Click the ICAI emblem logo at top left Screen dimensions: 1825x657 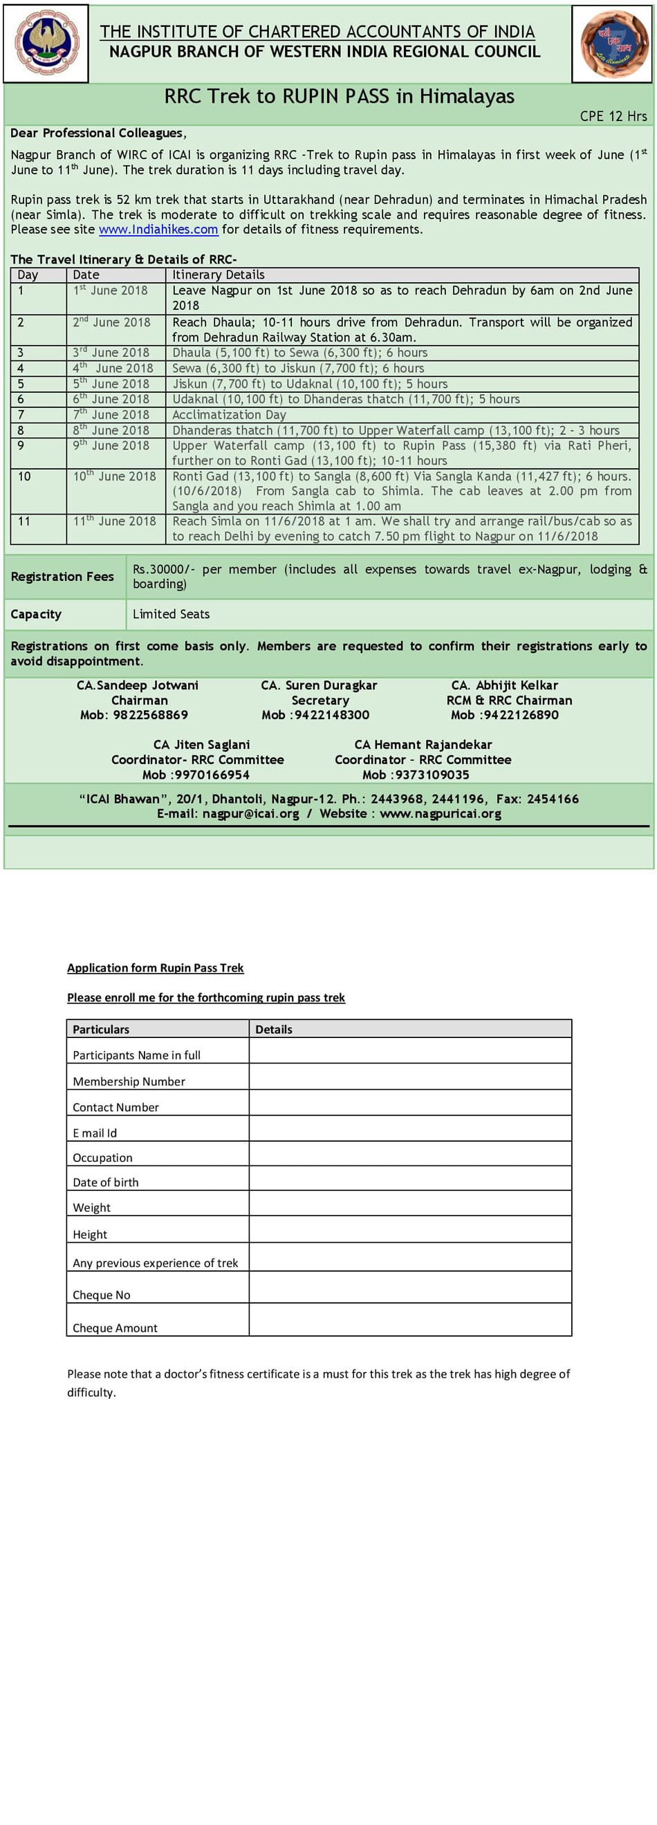[47, 42]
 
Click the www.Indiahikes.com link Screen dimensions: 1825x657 [158, 230]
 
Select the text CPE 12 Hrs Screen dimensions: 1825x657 [613, 117]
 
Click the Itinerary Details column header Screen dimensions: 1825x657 [219, 275]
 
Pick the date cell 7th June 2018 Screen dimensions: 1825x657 [111, 414]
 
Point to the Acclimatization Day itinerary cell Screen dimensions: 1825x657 [229, 414]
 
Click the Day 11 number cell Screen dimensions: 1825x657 [24, 521]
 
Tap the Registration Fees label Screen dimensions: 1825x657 [62, 577]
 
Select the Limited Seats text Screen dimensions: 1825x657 [171, 614]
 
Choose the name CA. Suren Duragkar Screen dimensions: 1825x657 [319, 686]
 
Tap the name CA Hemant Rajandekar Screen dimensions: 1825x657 [423, 745]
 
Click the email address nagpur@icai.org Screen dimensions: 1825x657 [250, 814]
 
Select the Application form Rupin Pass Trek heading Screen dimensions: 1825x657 [155, 967]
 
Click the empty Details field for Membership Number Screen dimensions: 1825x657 [409, 1077]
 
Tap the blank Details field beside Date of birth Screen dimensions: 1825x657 [409, 1178]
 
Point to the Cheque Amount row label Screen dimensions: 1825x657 [115, 1328]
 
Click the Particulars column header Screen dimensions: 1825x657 [101, 1030]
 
